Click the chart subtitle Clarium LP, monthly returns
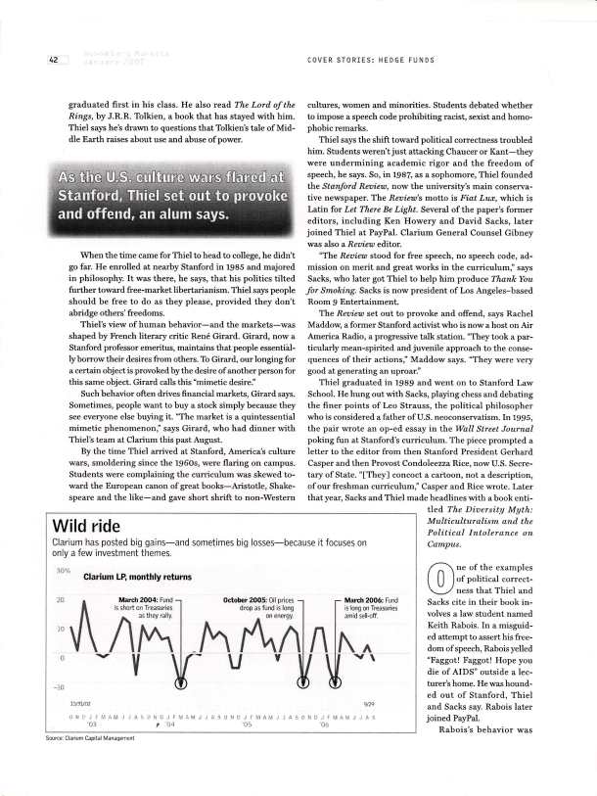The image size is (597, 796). (x=129, y=576)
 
